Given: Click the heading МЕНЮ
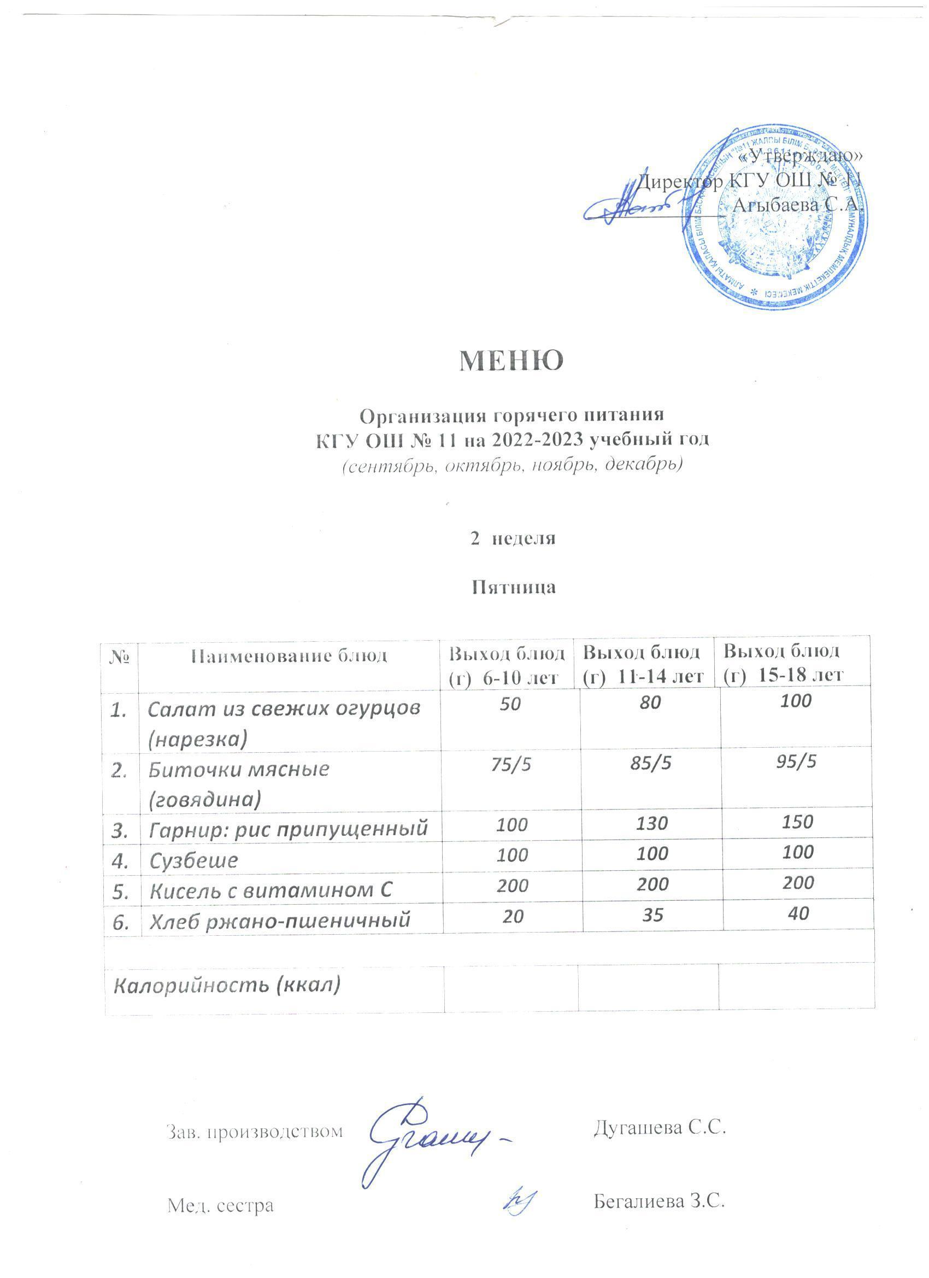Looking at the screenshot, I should [x=511, y=361].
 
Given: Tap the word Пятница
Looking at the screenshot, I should [x=513, y=587].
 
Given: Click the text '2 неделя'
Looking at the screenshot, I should [x=513, y=538].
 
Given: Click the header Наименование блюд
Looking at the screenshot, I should [x=290, y=656].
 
